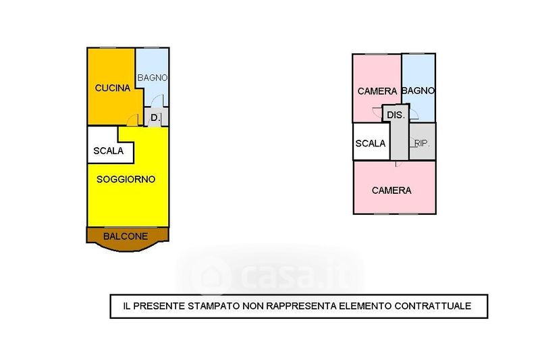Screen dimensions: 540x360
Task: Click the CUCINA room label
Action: [x=113, y=88]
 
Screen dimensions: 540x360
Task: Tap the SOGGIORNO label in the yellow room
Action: [x=126, y=179]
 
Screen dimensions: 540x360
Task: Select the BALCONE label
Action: [x=126, y=236]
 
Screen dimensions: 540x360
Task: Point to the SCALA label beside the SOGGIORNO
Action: [x=109, y=151]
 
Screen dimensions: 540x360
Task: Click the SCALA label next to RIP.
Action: [x=370, y=143]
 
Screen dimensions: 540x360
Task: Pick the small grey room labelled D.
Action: [x=155, y=118]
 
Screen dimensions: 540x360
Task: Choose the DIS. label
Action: [x=396, y=115]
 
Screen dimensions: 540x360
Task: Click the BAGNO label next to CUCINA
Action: [x=153, y=78]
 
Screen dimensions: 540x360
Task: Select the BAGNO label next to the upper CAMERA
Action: [x=418, y=91]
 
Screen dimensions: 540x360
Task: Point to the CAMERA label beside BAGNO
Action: [x=377, y=91]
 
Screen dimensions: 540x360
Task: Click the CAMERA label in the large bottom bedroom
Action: [x=391, y=190]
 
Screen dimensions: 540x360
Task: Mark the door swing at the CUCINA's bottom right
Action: [x=132, y=120]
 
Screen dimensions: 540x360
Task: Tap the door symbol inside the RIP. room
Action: [x=413, y=143]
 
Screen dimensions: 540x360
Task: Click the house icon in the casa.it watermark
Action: [x=211, y=276]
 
